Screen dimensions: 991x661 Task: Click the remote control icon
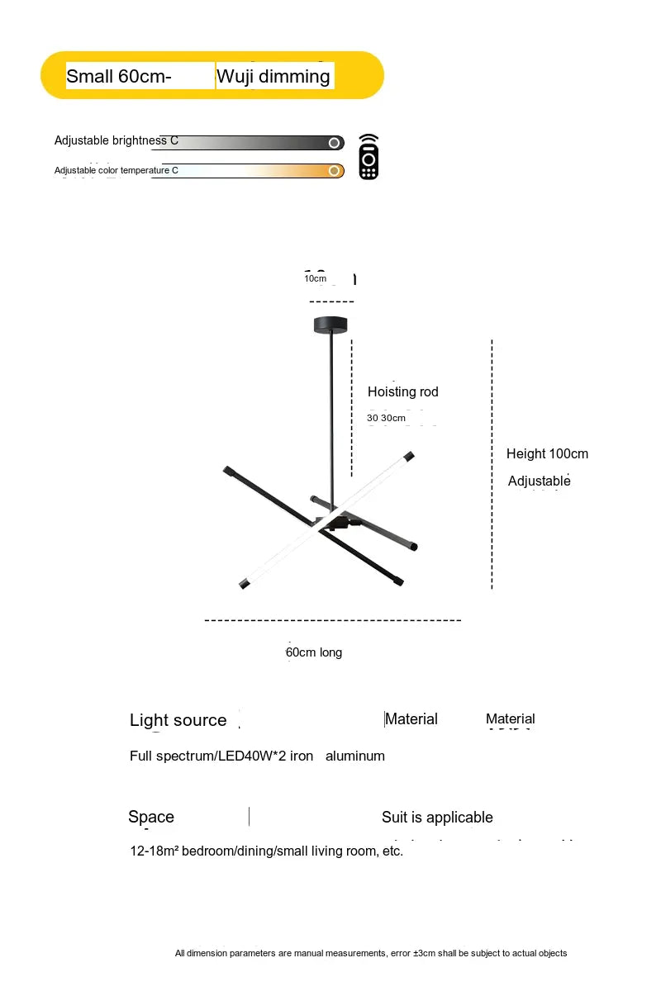(x=369, y=157)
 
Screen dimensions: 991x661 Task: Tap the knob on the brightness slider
(x=334, y=143)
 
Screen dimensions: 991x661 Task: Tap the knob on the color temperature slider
(x=334, y=171)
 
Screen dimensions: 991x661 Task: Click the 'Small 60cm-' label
(x=119, y=77)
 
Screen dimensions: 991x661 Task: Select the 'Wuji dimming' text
(x=273, y=77)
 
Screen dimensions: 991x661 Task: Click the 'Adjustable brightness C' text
(x=116, y=140)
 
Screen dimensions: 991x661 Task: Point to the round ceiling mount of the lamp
(x=331, y=325)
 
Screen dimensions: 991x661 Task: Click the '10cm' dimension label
(x=315, y=278)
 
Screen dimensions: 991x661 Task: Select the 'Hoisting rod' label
(x=402, y=391)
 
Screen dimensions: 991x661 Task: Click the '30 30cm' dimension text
(x=386, y=418)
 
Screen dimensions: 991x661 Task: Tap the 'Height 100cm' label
(x=547, y=453)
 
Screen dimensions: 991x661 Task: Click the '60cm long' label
(x=314, y=652)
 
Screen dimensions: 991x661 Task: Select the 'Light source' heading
(x=178, y=720)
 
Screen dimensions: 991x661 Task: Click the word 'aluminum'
(x=355, y=756)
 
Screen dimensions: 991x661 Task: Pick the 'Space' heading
(x=151, y=817)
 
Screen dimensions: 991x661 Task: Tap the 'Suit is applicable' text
(x=437, y=818)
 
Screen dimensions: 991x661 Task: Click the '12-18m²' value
(x=155, y=851)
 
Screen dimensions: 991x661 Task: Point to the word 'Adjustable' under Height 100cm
(x=539, y=481)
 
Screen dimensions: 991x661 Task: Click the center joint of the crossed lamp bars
(x=332, y=522)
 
